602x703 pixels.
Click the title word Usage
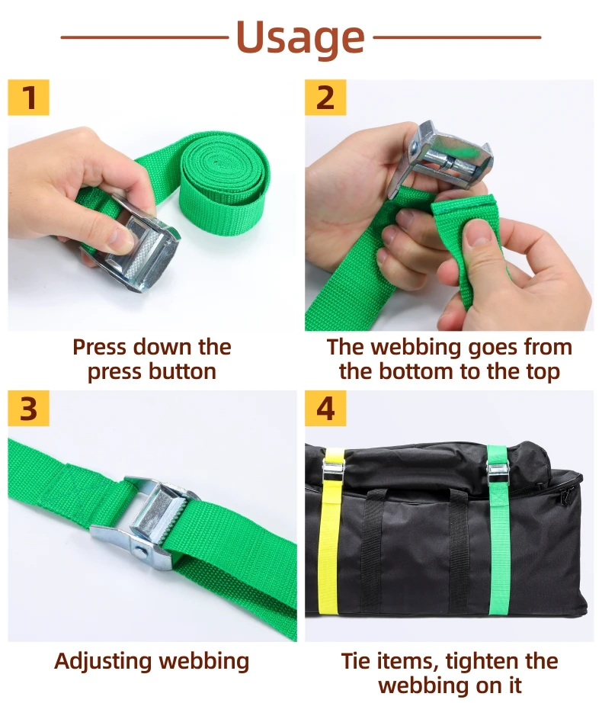[300, 36]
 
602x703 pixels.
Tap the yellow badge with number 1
[28, 98]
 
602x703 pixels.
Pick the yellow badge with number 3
[28, 409]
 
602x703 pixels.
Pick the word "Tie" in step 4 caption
[358, 661]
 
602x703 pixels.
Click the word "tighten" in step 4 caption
[485, 661]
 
